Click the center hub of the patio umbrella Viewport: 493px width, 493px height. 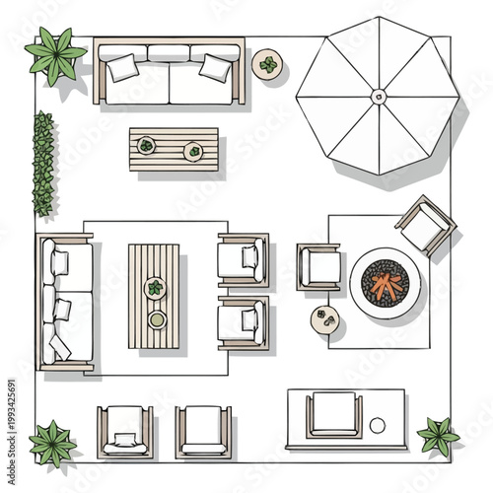379,96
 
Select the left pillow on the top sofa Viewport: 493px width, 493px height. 124,68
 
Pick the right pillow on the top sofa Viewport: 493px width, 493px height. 214,67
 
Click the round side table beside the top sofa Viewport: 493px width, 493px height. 267,66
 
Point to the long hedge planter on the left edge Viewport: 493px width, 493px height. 43,163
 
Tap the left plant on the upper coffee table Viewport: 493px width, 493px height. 147,145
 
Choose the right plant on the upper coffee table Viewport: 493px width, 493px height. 194,151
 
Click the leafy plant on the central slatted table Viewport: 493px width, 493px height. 155,288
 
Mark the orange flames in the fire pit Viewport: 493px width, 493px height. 386,284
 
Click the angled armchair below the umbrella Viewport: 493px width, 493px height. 424,225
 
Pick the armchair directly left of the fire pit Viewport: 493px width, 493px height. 318,266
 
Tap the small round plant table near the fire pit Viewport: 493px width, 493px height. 323,318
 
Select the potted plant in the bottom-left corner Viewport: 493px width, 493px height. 52,442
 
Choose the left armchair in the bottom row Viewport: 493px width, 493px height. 124,430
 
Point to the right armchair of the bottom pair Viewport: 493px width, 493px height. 203,430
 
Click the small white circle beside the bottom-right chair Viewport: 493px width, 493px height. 377,425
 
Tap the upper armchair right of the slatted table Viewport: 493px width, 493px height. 243,257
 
